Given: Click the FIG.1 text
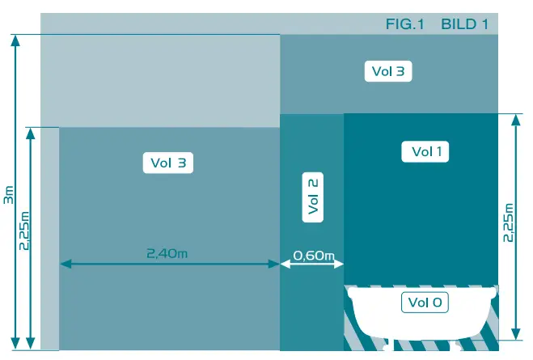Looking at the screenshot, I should [405, 24].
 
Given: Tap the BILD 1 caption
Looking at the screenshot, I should [464, 24].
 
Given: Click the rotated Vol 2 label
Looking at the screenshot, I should [313, 197].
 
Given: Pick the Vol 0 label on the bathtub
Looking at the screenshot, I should [425, 303].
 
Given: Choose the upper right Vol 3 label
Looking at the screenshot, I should [388, 71].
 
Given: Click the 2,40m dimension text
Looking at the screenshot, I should [167, 253].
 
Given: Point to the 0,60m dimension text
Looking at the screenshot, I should [313, 256].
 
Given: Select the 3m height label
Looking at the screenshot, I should [8, 195].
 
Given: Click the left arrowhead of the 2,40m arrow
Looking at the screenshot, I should [64, 264].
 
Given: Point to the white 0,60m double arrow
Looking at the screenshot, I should [312, 264].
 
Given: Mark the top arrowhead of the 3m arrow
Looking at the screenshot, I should [15, 39].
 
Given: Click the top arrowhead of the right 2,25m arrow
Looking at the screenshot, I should [515, 118].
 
